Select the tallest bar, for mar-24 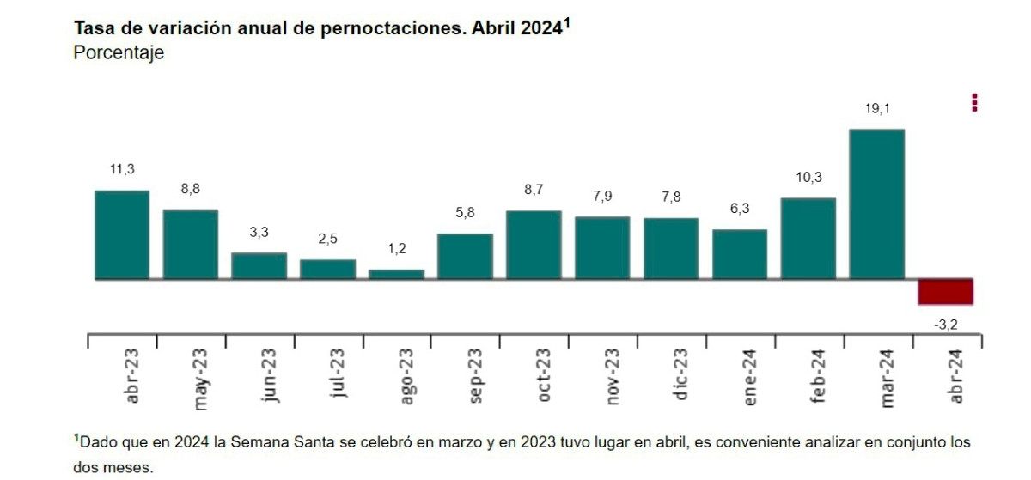click(x=876, y=204)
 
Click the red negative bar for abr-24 click(x=945, y=292)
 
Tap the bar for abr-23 click(x=121, y=235)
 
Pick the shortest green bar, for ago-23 click(x=396, y=274)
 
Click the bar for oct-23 click(x=534, y=245)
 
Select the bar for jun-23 click(x=259, y=266)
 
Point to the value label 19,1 click(x=876, y=109)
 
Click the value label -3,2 click(x=945, y=325)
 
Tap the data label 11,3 click(x=121, y=170)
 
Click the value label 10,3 click(x=808, y=178)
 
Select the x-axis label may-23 click(x=200, y=378)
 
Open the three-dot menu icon click(x=974, y=102)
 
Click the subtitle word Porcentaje click(x=119, y=53)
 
